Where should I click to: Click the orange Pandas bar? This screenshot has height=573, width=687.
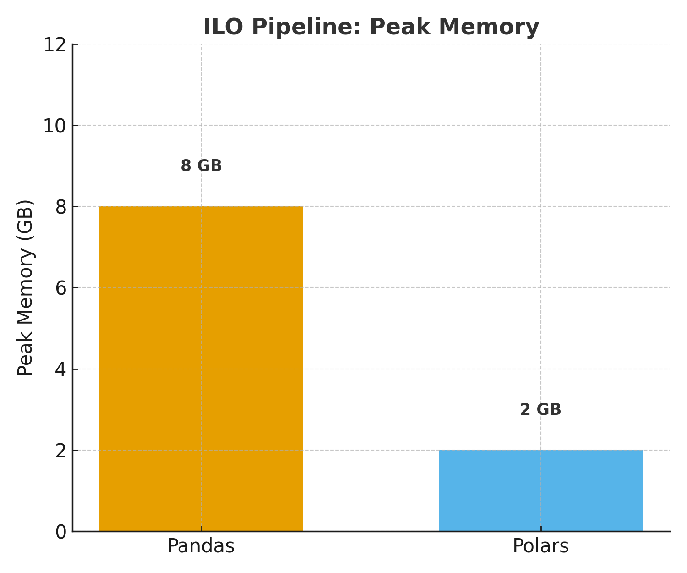(x=201, y=369)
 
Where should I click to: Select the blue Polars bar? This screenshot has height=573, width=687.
(x=540, y=490)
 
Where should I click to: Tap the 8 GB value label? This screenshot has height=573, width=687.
(x=201, y=165)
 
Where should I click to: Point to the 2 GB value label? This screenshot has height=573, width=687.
(x=540, y=409)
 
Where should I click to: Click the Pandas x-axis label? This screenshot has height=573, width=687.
(x=201, y=546)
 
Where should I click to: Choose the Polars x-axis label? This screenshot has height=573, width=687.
(x=540, y=546)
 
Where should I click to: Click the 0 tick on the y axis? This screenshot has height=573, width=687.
(x=61, y=532)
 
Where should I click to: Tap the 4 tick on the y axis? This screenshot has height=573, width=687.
(x=61, y=369)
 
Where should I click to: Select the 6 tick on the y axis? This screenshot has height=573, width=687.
(x=61, y=288)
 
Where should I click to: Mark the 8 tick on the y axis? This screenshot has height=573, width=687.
(x=61, y=207)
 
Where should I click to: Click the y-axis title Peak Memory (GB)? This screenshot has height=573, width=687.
(x=26, y=288)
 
